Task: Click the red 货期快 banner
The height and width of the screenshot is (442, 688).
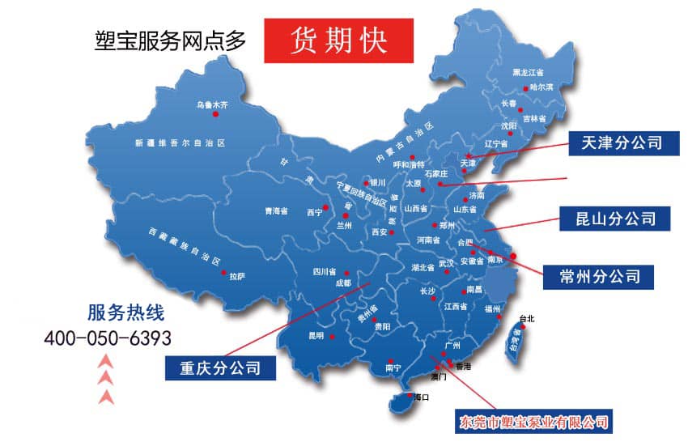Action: tap(338, 40)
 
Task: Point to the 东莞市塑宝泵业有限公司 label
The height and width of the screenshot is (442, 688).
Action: tap(533, 422)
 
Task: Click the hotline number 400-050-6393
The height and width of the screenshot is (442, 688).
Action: tap(108, 337)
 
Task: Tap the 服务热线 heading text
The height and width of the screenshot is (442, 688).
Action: tap(120, 312)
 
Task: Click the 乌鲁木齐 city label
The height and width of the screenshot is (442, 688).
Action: tap(213, 104)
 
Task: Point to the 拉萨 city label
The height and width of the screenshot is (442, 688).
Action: tap(236, 276)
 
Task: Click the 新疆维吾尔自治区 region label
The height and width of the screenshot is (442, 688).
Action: tap(180, 142)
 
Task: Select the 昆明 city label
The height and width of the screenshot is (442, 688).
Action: tap(315, 335)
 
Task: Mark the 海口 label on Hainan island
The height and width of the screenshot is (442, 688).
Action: tap(420, 397)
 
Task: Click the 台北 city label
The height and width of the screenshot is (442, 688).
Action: tap(526, 319)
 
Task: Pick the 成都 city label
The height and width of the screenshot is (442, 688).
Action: tap(342, 283)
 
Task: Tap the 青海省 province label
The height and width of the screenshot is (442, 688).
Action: tap(277, 211)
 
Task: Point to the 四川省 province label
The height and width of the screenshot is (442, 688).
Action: tap(324, 272)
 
